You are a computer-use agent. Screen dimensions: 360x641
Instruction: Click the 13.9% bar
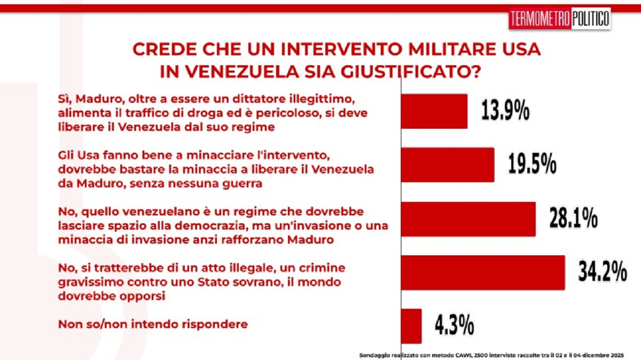pyautogui.click(x=434, y=111)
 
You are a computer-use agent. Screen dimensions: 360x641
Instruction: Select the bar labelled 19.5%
pyautogui.click(x=448, y=165)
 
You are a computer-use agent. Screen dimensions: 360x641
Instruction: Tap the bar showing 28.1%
pyautogui.click(x=468, y=219)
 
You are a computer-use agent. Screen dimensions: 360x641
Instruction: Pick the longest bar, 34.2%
pyautogui.click(x=483, y=272)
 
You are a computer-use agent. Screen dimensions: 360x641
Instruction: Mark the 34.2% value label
pyautogui.click(x=603, y=272)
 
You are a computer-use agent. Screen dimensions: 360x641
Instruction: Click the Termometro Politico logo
pyautogui.click(x=559, y=20)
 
